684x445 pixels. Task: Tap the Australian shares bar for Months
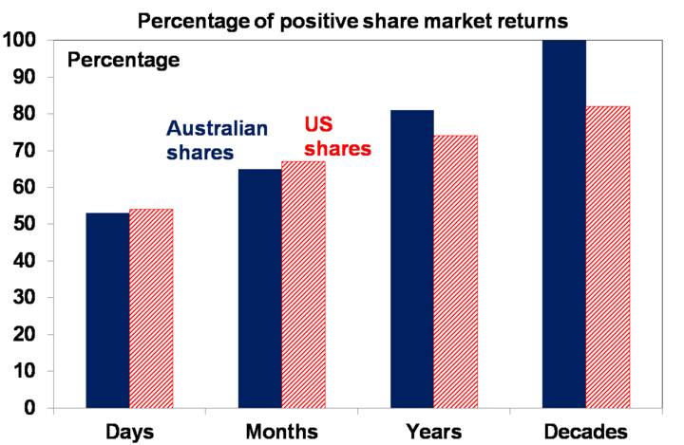[x=259, y=288]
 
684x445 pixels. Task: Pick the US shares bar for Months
[x=303, y=285]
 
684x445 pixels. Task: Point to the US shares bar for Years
[x=455, y=271]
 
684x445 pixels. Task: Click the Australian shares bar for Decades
[x=563, y=224]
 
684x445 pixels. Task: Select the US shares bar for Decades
[x=607, y=257]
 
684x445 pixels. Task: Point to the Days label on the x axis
[x=128, y=431]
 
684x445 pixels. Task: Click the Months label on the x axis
[x=282, y=431]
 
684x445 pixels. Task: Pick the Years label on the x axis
[x=433, y=431]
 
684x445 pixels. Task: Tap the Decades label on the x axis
[x=586, y=431]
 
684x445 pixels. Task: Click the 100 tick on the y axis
[x=20, y=41]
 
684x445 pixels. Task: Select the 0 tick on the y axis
[x=32, y=409]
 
